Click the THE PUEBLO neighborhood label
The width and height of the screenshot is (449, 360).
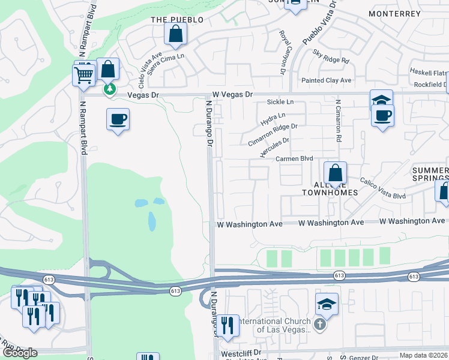[177, 20]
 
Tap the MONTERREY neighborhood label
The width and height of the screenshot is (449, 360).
[394, 13]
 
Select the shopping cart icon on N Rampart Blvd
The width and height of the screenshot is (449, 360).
[84, 75]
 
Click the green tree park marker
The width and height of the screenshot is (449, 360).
[109, 89]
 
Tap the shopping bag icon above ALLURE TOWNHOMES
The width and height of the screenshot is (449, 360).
[336, 173]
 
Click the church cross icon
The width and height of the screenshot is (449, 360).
[320, 325]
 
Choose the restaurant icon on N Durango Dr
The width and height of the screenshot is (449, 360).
[228, 326]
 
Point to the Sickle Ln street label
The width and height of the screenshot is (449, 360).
[280, 103]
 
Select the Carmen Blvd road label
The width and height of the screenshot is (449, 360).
[295, 159]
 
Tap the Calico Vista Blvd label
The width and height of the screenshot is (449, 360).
[383, 188]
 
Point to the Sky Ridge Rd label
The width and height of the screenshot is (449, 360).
[331, 56]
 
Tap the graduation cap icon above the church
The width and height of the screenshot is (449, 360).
[326, 304]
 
